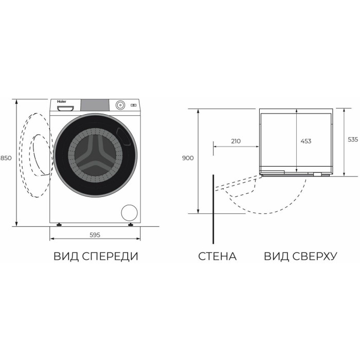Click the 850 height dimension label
[6, 158]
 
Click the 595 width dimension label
[95, 235]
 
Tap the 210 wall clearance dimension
[236, 141]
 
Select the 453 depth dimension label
[306, 141]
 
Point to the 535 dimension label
[353, 139]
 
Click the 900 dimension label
[188, 158]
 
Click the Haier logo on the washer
[62, 101]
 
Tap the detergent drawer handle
[66, 108]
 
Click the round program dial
[120, 105]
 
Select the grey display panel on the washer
[95, 105]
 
